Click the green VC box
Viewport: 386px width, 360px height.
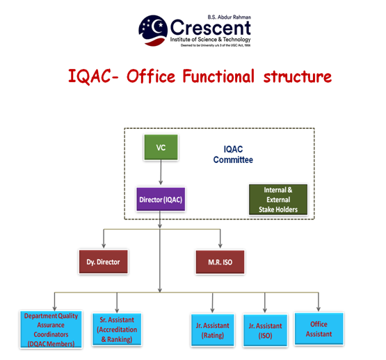(x=161, y=147)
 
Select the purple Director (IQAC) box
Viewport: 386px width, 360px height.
(x=161, y=200)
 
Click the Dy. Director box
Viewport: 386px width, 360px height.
(x=103, y=263)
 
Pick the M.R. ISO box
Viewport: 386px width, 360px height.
(x=219, y=263)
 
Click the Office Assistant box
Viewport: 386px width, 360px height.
(x=319, y=329)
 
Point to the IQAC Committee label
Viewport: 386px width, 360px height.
(x=233, y=155)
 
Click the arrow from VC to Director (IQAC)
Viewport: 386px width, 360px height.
(x=161, y=173)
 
